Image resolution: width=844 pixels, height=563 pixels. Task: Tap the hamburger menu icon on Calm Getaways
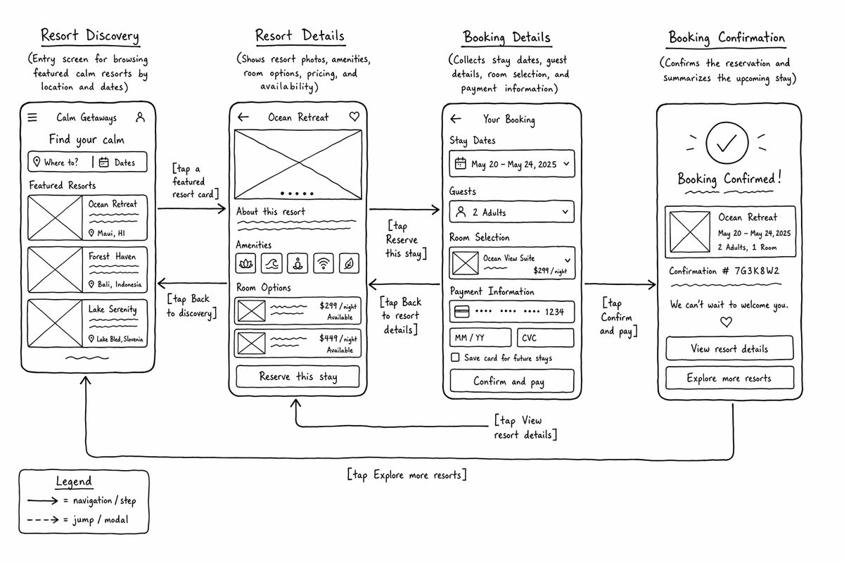click(x=32, y=118)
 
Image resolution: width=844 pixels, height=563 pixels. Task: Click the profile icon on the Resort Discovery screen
click(x=140, y=118)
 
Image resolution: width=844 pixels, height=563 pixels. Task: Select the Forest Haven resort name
click(x=112, y=256)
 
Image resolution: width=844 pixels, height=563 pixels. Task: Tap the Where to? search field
click(x=60, y=162)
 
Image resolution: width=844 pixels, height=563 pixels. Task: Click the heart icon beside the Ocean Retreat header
click(x=354, y=117)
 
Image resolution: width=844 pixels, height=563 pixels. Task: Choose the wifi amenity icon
click(x=324, y=262)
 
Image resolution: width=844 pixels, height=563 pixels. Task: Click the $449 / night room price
click(x=338, y=339)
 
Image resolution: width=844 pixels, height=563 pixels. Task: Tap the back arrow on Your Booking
click(x=456, y=119)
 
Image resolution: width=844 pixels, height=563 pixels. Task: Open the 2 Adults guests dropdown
click(x=512, y=212)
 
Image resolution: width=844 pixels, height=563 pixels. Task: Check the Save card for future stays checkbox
click(x=455, y=358)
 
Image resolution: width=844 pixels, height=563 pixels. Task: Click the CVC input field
click(x=546, y=338)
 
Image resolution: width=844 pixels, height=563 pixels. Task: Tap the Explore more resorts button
click(x=729, y=378)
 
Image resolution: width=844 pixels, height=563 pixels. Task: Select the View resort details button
click(x=729, y=348)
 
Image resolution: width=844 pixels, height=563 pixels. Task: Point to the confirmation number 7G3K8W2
click(x=757, y=271)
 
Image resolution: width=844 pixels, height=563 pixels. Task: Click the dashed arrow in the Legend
click(x=43, y=519)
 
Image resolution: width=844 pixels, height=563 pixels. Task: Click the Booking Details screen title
click(x=507, y=37)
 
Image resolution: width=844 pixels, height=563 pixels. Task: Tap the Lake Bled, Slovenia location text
click(x=120, y=339)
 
